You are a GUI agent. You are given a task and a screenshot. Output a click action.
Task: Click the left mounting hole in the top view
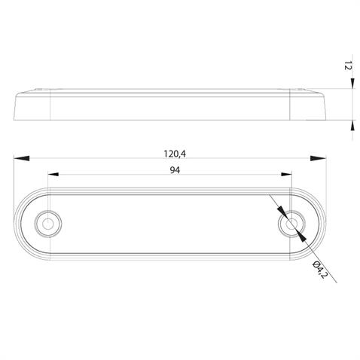point(50,223)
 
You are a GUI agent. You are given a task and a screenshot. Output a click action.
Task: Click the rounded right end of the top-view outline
point(325,224)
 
